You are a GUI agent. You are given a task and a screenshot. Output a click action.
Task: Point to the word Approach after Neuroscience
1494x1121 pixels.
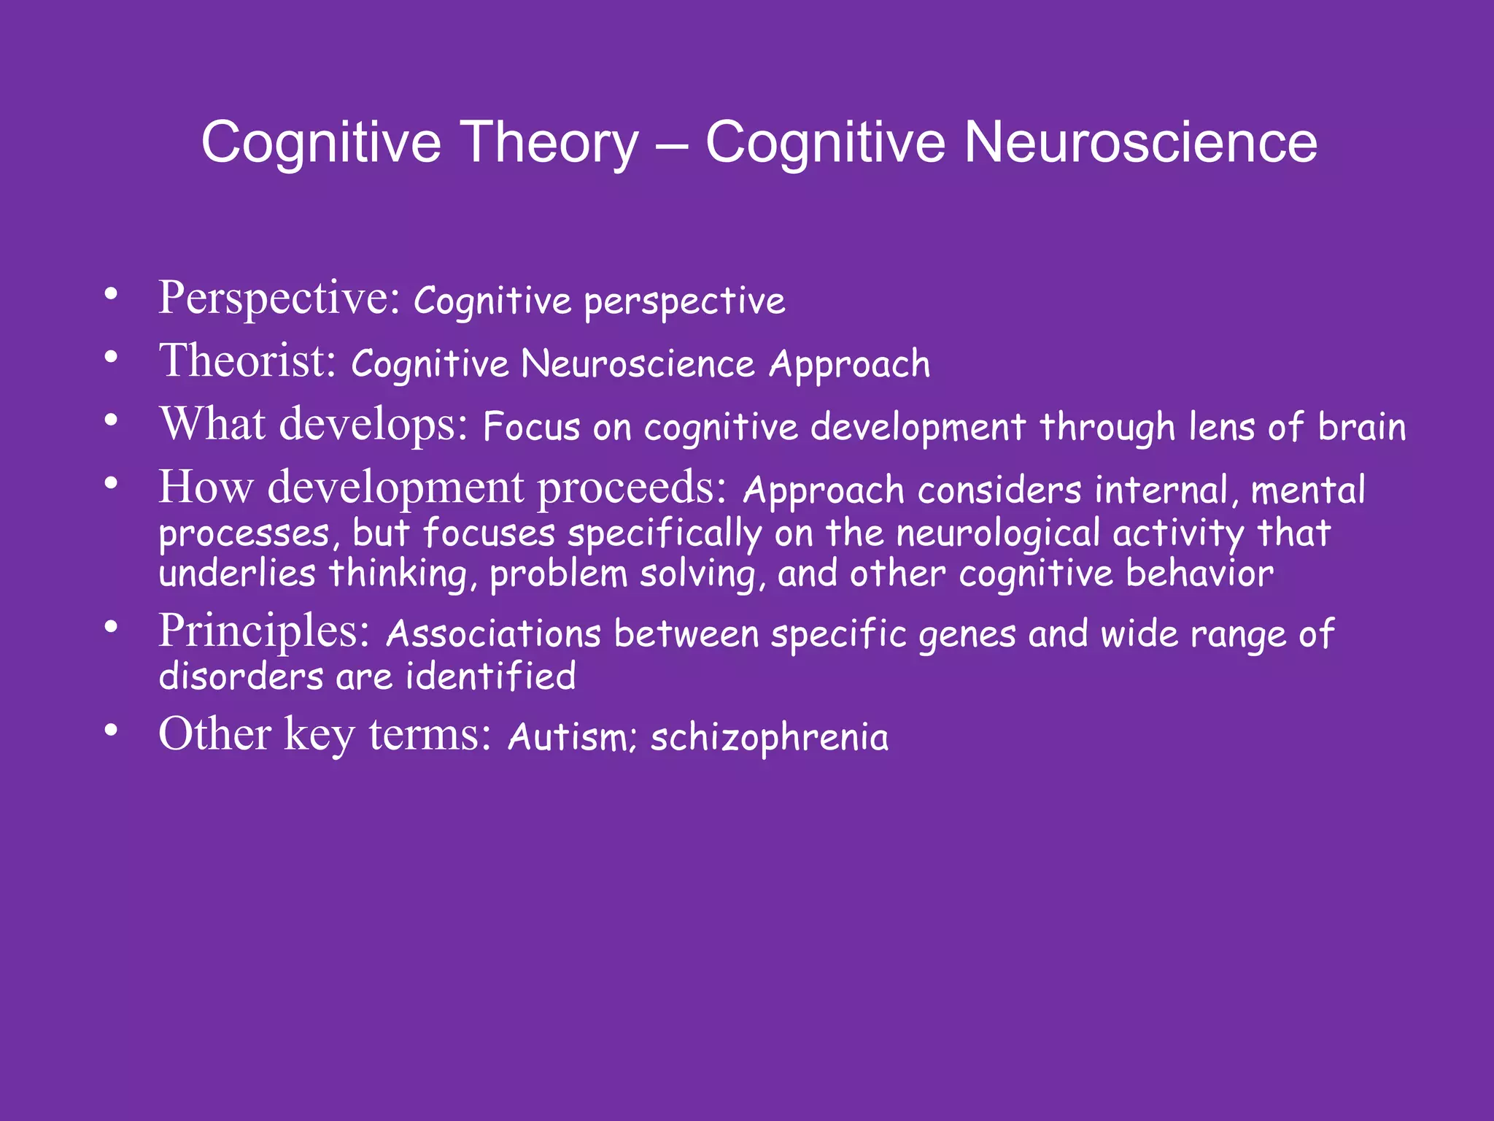coord(850,365)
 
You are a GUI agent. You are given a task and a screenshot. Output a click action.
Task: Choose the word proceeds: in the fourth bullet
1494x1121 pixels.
coord(632,488)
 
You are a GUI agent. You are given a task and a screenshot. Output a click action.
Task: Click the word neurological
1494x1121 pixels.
coord(997,533)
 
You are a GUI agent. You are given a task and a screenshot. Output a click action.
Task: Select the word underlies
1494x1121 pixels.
coord(237,573)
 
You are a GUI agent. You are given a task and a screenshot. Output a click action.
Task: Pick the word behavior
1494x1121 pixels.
coord(1200,573)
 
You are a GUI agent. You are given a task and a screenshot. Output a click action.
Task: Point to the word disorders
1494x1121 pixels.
coord(241,676)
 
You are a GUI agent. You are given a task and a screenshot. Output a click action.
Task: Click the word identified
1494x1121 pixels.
coord(490,676)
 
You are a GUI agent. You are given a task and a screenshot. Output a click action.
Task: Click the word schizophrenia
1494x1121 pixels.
coord(770,738)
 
